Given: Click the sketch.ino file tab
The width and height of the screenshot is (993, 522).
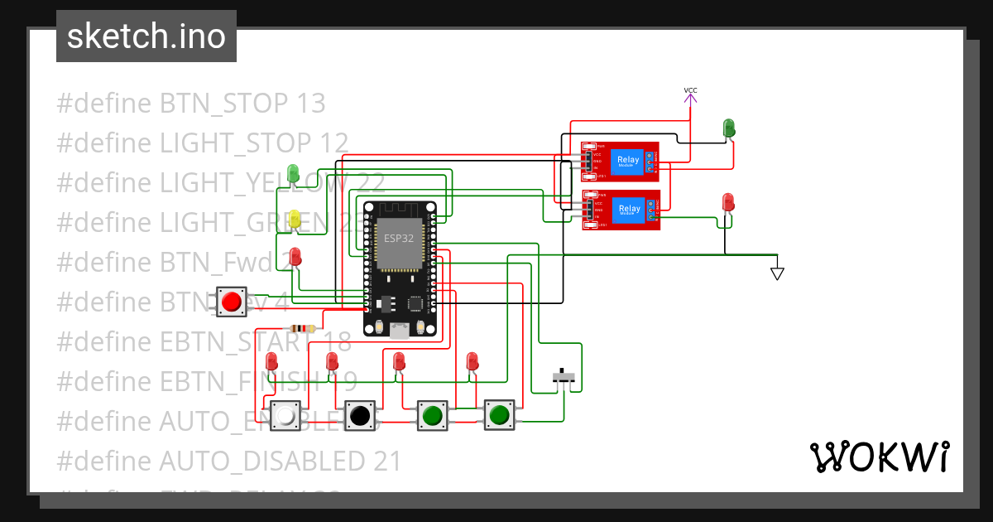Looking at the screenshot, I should tap(146, 36).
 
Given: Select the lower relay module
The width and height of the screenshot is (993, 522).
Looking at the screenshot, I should tap(621, 210).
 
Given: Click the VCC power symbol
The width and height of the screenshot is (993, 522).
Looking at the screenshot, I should tap(690, 96).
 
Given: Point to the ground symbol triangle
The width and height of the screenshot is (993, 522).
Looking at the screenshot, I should tap(776, 273).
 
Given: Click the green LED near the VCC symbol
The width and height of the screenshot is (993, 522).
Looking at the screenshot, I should tap(729, 128).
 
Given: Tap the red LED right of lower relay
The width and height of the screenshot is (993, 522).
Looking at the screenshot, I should tap(728, 203).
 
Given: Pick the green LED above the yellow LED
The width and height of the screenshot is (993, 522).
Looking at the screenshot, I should tap(293, 173).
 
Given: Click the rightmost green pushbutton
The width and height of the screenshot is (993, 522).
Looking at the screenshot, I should tap(498, 413).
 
